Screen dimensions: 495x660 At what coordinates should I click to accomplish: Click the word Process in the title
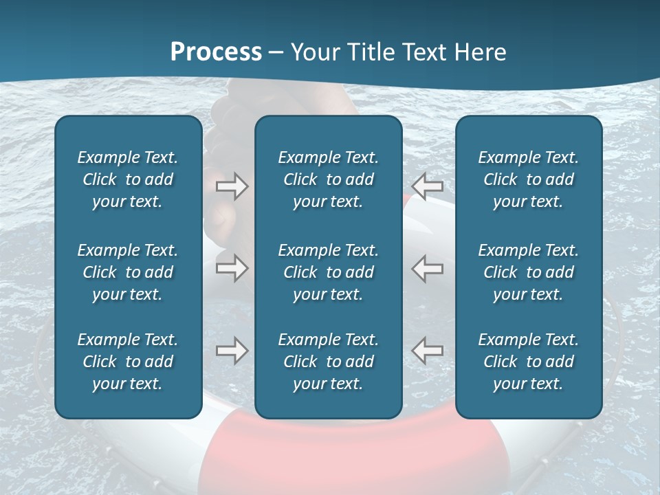[216, 52]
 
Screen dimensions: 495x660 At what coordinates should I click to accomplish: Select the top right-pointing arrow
[232, 186]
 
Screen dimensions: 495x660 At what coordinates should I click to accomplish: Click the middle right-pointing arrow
[232, 268]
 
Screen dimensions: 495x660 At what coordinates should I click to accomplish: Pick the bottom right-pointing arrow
[232, 351]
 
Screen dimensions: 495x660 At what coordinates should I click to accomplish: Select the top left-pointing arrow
[428, 186]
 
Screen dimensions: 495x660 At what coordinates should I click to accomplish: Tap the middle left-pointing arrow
[428, 268]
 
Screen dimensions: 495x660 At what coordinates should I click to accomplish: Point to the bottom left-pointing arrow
[428, 351]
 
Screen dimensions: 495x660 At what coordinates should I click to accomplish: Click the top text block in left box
[128, 179]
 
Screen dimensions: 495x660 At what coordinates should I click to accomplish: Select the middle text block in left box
[128, 272]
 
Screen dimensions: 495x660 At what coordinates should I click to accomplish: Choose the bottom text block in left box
[128, 362]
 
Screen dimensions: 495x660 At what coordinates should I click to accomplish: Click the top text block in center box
[328, 179]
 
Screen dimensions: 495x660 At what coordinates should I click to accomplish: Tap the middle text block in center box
[328, 272]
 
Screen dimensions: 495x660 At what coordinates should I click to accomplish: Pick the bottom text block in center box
[328, 362]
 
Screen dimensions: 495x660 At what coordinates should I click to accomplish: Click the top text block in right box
[528, 179]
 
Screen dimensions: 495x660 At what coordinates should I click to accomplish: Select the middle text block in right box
[528, 272]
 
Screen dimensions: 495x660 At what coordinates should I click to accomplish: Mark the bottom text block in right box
[528, 362]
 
